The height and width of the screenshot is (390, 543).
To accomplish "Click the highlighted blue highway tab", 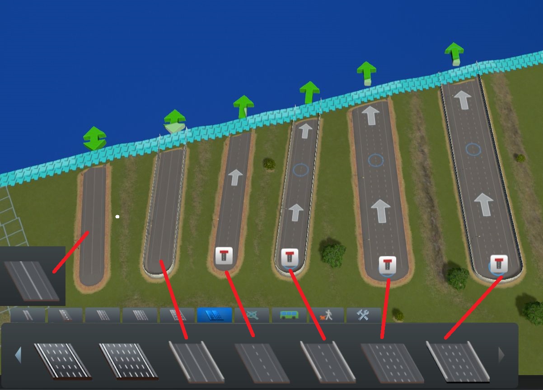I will [x=214, y=315].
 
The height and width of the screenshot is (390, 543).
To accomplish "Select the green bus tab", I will [x=289, y=315].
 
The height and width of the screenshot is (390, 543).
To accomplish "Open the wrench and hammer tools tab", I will [x=363, y=315].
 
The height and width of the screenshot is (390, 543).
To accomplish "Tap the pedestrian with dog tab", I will [x=326, y=315].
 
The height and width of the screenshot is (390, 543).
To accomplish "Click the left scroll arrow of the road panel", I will [x=18, y=355].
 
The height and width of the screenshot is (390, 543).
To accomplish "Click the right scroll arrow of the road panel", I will [x=501, y=355].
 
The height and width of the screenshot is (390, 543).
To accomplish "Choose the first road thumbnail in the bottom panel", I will [x=62, y=361].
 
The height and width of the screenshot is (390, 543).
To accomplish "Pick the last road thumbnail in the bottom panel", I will [x=457, y=362].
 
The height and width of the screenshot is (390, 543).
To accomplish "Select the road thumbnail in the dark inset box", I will [x=32, y=280].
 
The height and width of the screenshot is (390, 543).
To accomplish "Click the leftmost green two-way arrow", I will [x=94, y=138].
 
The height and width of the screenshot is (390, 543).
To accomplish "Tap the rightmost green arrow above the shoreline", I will [x=454, y=53].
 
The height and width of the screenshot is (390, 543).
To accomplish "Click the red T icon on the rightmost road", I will [x=499, y=263].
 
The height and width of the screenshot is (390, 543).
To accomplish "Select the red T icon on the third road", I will [x=224, y=256].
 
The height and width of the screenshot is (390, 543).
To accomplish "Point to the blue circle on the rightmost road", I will [x=473, y=149].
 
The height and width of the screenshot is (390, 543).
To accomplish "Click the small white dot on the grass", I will [x=117, y=217].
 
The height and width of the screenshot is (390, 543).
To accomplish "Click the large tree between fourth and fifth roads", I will [x=333, y=254].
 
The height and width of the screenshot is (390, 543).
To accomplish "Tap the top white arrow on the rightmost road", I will [x=463, y=99].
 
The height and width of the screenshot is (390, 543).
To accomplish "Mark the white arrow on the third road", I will [x=235, y=177].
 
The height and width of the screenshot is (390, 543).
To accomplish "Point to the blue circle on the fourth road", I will [x=300, y=170].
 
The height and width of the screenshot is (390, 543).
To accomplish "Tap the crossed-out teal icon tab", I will [x=252, y=315].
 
